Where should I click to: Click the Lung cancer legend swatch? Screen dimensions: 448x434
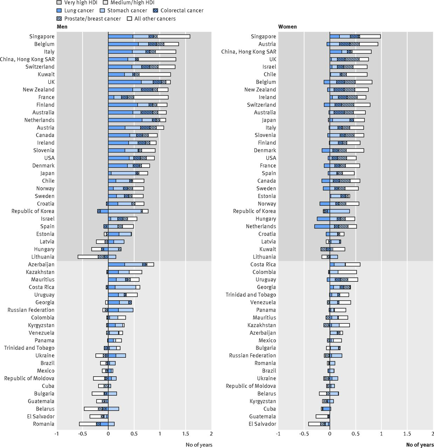[59, 10]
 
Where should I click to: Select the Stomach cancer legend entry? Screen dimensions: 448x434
[127, 10]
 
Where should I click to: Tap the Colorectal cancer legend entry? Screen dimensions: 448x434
[181, 10]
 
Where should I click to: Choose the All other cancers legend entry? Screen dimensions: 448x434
[155, 19]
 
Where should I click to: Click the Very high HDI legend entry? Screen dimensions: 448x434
[81, 2]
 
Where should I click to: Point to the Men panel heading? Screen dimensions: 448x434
[62, 27]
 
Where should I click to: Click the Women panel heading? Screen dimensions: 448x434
[287, 27]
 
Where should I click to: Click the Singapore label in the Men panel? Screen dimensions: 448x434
[42, 36]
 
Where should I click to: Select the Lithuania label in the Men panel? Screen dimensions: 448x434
[43, 257]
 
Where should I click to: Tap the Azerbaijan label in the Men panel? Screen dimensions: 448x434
[41, 265]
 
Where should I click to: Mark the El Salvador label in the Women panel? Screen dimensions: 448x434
[262, 424]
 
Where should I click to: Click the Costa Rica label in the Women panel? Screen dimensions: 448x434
[263, 265]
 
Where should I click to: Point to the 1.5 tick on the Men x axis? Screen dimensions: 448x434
[185, 434]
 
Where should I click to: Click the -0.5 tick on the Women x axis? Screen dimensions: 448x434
[304, 434]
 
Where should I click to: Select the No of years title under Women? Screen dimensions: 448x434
[420, 445]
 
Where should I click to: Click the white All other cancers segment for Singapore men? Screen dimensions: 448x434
[174, 36]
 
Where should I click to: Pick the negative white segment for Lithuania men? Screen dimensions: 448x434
[88, 257]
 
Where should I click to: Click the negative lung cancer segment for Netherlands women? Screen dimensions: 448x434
[322, 226]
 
